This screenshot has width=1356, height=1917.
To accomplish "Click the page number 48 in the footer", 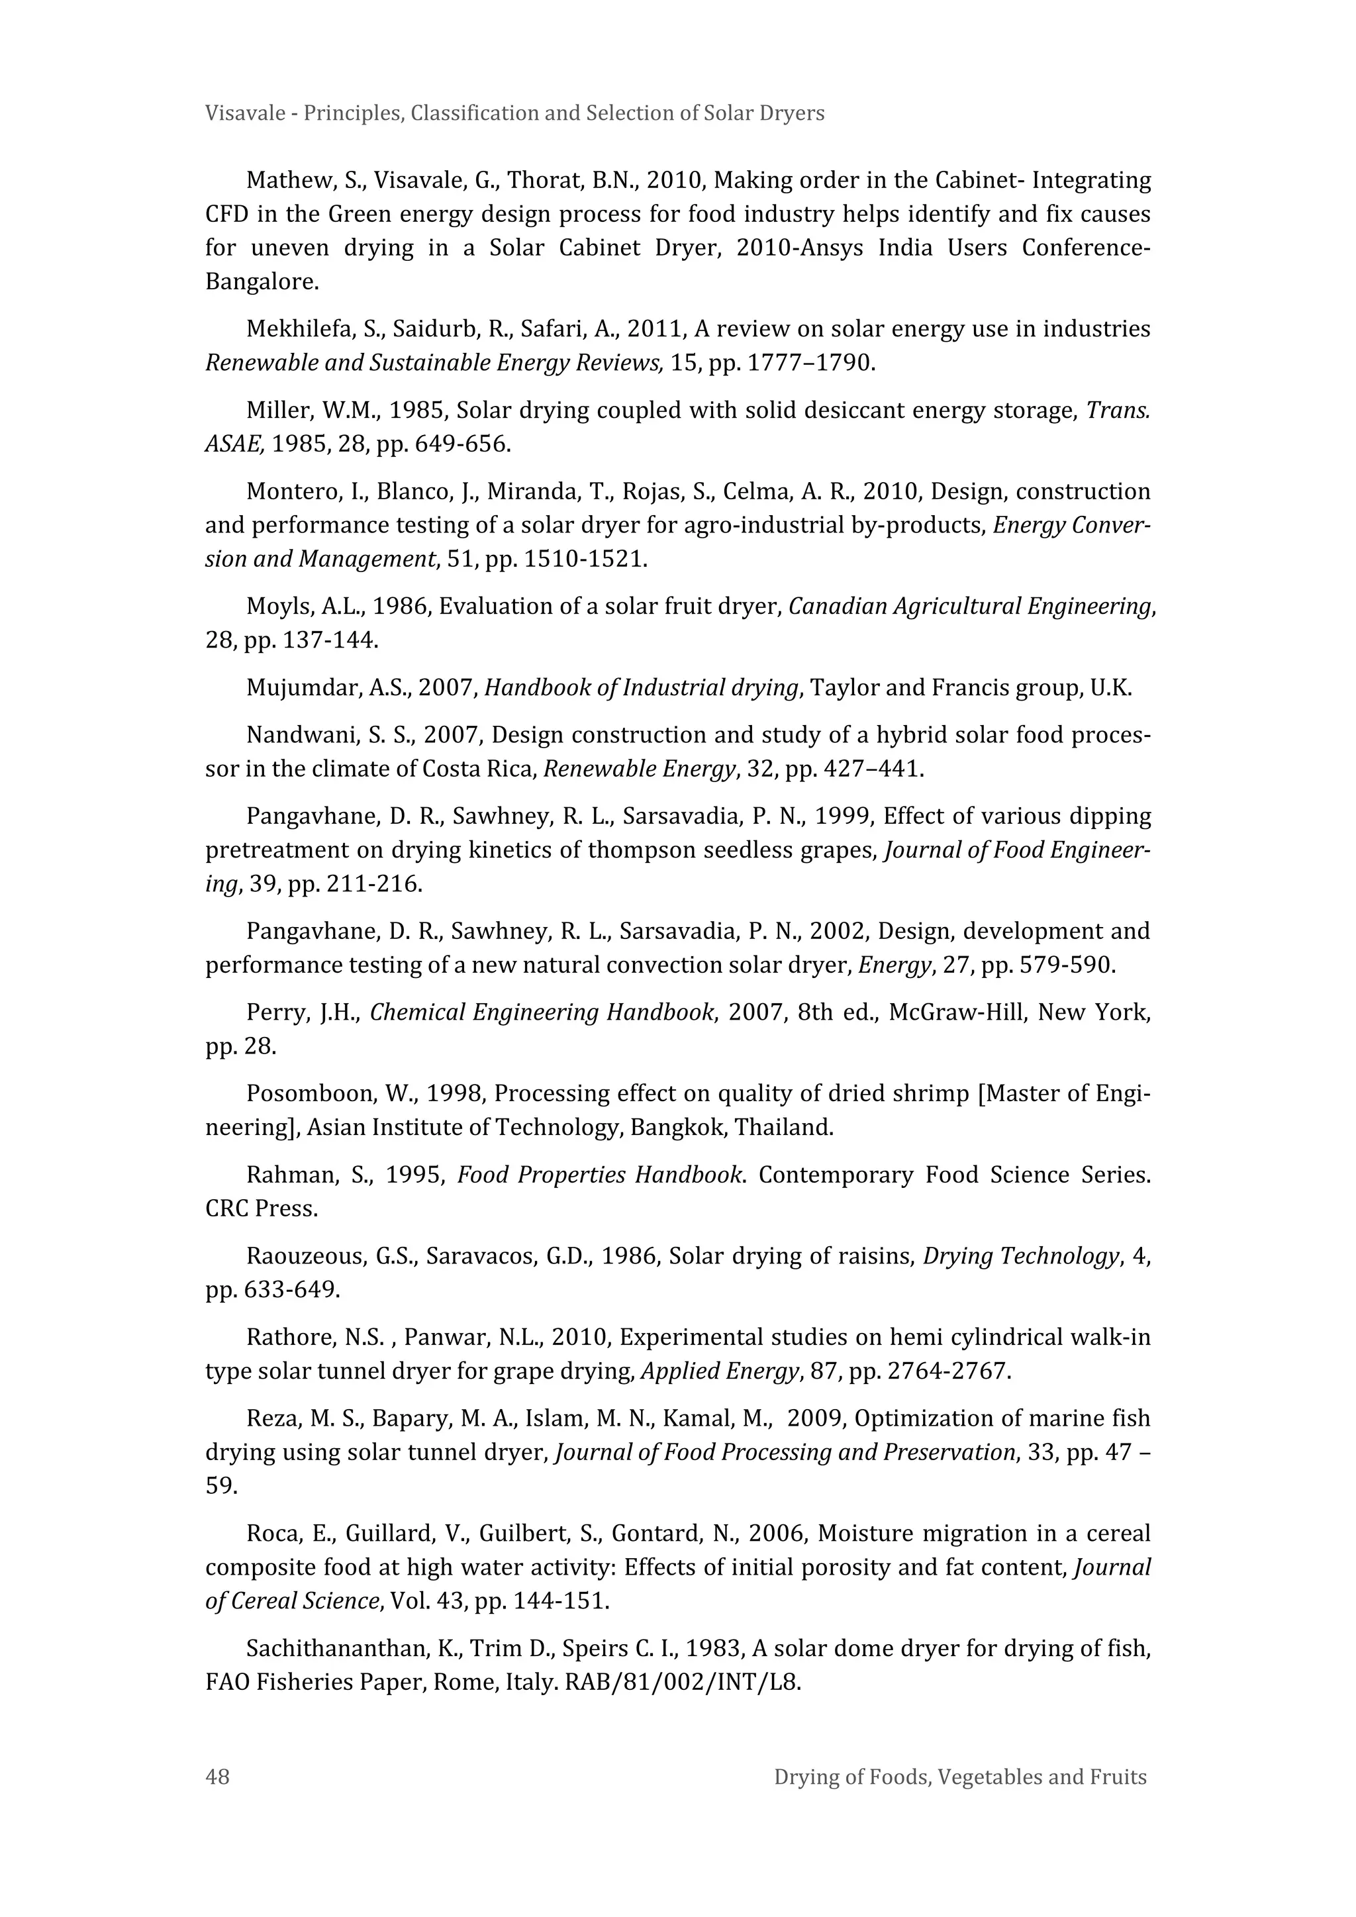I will [217, 1776].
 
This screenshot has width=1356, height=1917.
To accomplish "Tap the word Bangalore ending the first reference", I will [260, 281].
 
